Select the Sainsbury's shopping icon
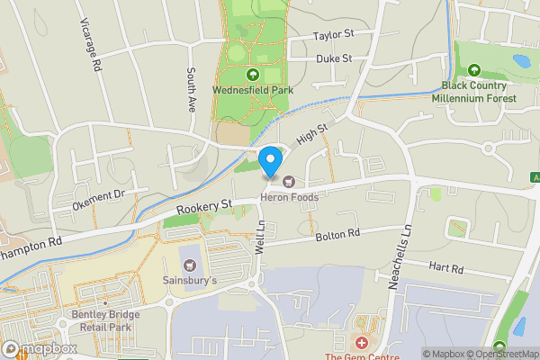click(x=190, y=265)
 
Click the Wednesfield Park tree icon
click(x=252, y=75)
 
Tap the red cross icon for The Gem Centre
click(x=362, y=343)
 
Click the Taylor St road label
click(x=335, y=36)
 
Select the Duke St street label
click(x=333, y=58)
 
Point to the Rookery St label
click(x=204, y=207)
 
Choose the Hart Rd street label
click(x=445, y=268)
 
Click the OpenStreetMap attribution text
click(x=501, y=354)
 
